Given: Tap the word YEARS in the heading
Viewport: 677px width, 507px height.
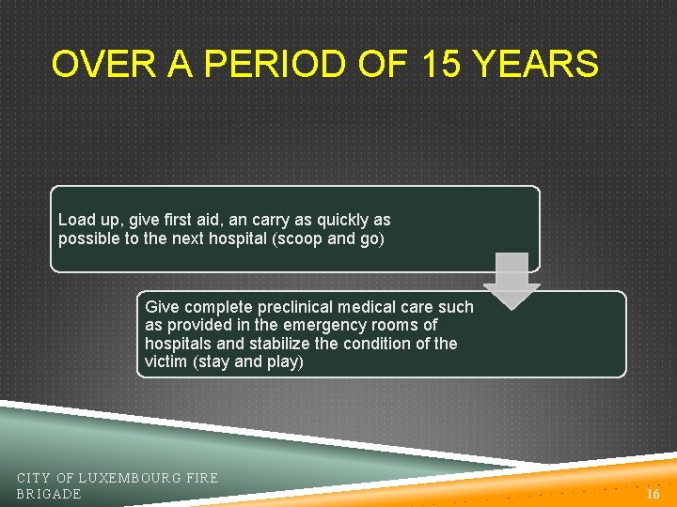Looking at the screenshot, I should pyautogui.click(x=535, y=65).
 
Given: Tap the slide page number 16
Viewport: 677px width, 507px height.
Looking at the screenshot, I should pyautogui.click(x=653, y=493).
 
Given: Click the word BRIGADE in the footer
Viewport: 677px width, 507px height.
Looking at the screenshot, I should pyautogui.click(x=49, y=494).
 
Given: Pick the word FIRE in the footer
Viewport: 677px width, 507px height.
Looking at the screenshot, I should pyautogui.click(x=202, y=478).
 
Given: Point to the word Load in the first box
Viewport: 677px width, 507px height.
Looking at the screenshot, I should pyautogui.click(x=76, y=220).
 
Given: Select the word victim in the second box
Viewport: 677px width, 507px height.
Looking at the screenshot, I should pyautogui.click(x=165, y=361).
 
